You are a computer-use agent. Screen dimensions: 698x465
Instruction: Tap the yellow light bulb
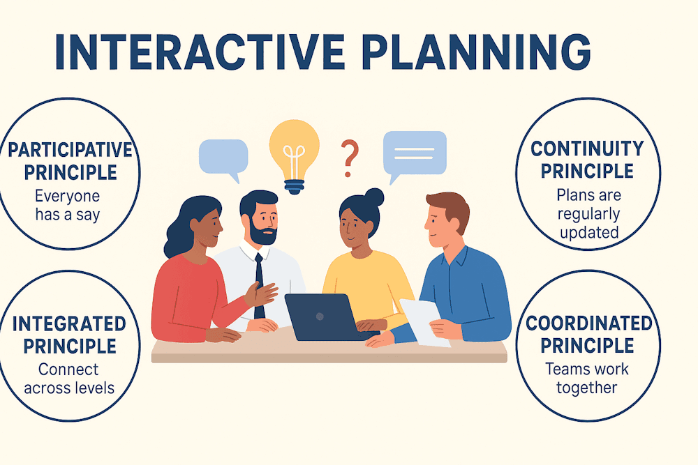tap(295, 156)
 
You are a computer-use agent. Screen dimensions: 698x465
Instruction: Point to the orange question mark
tap(350, 158)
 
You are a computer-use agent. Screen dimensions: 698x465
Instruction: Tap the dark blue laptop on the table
tap(327, 317)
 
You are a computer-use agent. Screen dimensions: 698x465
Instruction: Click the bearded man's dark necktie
tap(259, 285)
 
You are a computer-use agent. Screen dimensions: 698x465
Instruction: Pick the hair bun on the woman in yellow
tap(373, 197)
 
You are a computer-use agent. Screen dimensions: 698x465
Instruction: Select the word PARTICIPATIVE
tap(70, 151)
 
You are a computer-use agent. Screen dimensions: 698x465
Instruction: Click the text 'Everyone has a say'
tap(68, 206)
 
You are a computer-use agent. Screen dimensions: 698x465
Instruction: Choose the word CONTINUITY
tap(587, 148)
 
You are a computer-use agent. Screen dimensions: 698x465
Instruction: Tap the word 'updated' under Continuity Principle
tap(589, 233)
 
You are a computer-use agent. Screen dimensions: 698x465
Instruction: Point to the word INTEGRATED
tap(69, 323)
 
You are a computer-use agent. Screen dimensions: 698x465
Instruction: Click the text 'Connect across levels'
tap(69, 379)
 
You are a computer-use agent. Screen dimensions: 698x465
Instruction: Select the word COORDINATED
tap(589, 323)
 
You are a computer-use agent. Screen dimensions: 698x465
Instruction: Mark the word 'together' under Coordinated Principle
tap(587, 388)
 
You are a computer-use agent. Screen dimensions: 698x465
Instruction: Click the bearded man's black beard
tap(264, 231)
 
